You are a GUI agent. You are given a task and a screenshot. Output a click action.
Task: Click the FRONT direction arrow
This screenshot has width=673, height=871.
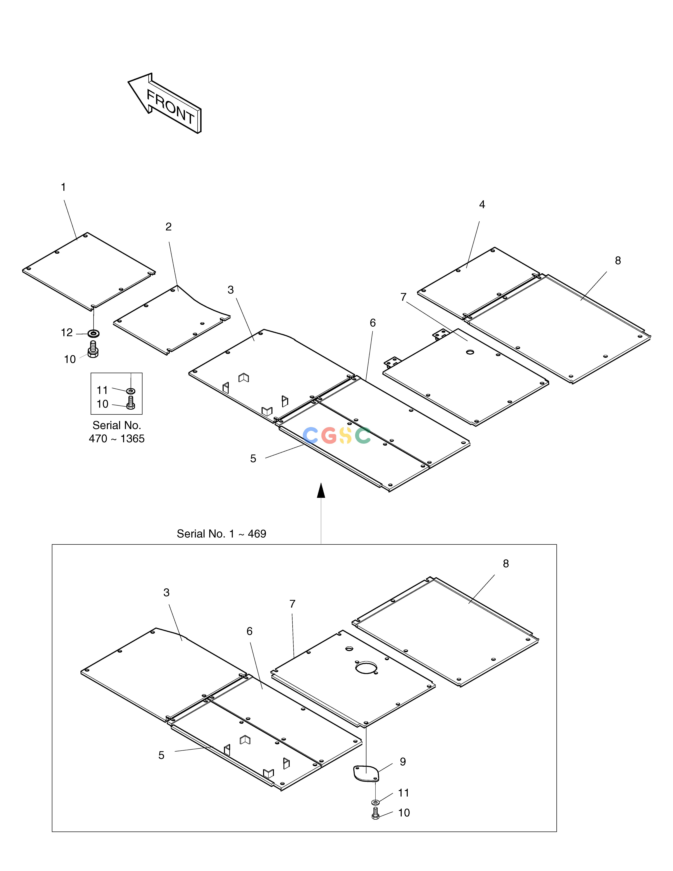(164, 103)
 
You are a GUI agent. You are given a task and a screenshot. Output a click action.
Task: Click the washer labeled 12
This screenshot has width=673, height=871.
(94, 333)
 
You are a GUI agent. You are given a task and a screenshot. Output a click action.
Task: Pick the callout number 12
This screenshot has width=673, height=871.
(67, 333)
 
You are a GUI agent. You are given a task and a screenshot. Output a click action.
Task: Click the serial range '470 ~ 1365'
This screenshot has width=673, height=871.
(116, 439)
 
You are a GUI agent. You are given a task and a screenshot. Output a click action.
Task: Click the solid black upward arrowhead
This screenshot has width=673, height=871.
(321, 490)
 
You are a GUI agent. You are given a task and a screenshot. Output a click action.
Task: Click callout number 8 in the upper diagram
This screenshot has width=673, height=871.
(618, 260)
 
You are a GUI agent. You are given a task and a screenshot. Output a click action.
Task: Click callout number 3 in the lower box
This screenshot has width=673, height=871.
(166, 593)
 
